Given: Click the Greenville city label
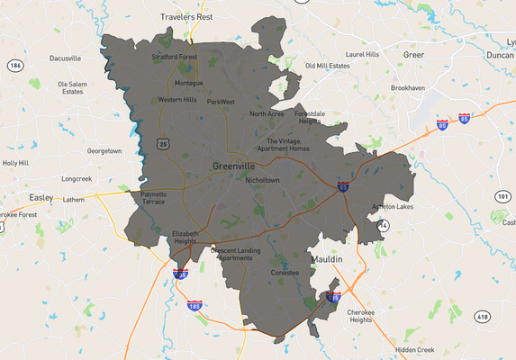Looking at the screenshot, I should tap(237, 166).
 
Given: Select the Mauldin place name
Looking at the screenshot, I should tap(327, 259).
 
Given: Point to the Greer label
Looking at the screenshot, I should tap(412, 55).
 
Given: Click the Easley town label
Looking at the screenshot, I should tap(41, 196).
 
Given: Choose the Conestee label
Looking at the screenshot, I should tap(285, 273).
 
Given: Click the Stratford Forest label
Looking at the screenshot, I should tap(174, 57).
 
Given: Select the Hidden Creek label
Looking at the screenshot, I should tap(414, 349).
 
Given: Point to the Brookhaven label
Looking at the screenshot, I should tap(408, 89).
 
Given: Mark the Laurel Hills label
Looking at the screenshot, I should tap(363, 54).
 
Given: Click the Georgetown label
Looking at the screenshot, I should tap(104, 151).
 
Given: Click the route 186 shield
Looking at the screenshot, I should tap(14, 66).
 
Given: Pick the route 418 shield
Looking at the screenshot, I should tap(484, 316).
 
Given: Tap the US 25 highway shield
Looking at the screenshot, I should tap(162, 143).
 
